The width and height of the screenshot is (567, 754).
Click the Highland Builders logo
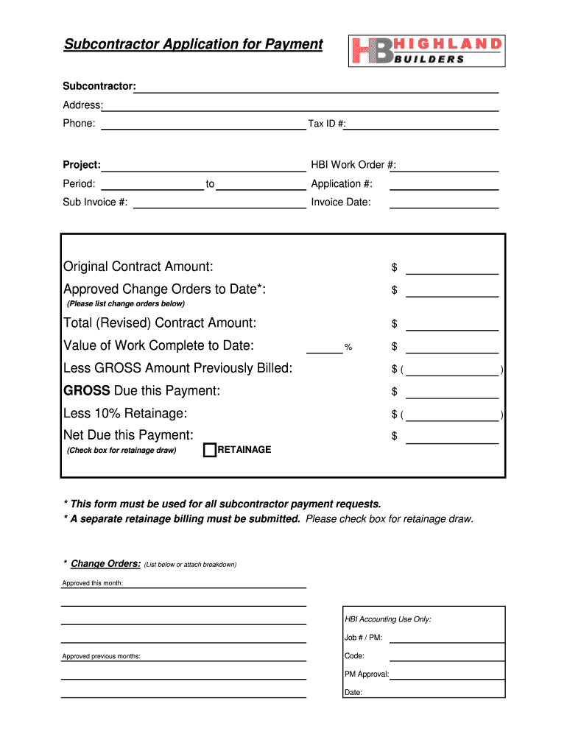[x=427, y=51]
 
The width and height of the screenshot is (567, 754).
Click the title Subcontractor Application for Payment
[x=193, y=44]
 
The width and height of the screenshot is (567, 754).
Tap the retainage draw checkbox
[x=209, y=450]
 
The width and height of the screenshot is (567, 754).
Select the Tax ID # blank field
[x=422, y=124]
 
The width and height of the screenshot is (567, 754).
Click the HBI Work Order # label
[x=353, y=165]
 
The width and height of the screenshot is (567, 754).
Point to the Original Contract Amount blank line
[x=452, y=268]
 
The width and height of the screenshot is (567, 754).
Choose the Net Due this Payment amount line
[x=452, y=438]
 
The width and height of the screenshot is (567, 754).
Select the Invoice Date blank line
[x=444, y=203]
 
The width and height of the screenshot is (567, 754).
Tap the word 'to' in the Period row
[x=211, y=184]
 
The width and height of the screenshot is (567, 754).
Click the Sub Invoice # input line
[x=219, y=203]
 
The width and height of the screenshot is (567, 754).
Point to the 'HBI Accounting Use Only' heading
[x=388, y=619]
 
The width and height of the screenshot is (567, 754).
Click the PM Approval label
[x=366, y=674]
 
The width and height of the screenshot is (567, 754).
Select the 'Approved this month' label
[x=93, y=583]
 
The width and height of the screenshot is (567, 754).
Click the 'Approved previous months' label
[x=102, y=656]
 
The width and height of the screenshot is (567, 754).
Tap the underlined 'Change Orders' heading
[x=105, y=564]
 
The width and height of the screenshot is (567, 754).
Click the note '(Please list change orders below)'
[x=126, y=303]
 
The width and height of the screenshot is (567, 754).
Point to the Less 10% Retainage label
[x=125, y=413]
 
